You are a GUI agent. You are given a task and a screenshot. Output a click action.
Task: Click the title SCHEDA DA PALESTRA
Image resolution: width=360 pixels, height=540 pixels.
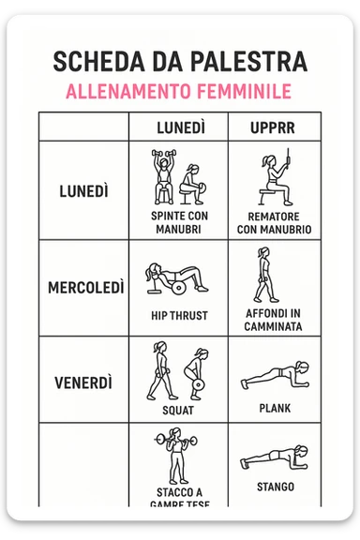(179, 62)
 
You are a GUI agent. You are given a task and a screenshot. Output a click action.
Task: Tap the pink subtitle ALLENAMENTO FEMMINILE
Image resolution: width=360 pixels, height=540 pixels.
(179, 92)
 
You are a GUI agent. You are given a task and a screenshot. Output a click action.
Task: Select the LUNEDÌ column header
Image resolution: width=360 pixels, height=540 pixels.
(179, 127)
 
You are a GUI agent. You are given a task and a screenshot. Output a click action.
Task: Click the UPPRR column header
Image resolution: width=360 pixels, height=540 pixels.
(274, 127)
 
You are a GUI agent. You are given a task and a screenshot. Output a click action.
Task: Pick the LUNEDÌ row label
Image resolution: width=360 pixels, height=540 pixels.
(83, 190)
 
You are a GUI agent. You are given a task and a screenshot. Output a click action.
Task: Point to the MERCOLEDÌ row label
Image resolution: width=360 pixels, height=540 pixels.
(85, 287)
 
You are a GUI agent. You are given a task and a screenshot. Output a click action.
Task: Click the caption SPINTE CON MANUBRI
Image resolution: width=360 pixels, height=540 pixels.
(179, 221)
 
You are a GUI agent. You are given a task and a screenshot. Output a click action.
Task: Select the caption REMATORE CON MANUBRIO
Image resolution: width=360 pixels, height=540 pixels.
(274, 221)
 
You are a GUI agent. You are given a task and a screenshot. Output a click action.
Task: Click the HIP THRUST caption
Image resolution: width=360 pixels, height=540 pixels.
(179, 316)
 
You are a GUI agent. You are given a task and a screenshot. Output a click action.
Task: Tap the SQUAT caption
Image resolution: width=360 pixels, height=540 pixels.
(178, 410)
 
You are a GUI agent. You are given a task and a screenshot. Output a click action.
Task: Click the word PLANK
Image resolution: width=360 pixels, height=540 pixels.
(275, 409)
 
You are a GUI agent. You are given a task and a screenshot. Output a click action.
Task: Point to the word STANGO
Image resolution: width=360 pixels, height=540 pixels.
(275, 487)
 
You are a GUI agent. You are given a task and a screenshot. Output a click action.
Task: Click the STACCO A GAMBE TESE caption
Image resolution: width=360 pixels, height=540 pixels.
(179, 498)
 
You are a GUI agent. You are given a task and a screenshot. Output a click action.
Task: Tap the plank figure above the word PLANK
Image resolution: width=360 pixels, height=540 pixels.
(272, 377)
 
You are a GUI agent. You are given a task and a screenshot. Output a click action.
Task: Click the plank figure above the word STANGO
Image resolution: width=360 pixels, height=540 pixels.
(272, 458)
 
